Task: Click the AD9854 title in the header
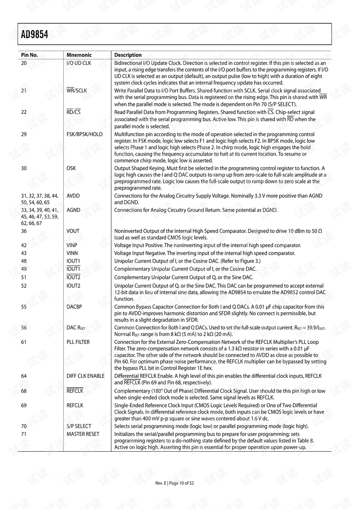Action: pos(34,35)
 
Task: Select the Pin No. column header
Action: pos(29,55)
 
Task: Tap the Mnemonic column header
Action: pos(79,55)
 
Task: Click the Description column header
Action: pos(128,55)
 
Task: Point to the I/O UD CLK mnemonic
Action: pos(79,63)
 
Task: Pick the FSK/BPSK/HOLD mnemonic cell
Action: pos(84,134)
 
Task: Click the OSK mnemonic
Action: pos(71,168)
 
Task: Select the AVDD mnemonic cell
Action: pos(73,196)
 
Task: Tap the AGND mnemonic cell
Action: pos(73,210)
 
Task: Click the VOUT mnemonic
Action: pos(73,231)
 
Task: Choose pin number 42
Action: pos(24,245)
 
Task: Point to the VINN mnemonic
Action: pos(72,253)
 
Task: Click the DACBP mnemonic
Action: pos(74,307)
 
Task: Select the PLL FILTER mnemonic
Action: pos(78,342)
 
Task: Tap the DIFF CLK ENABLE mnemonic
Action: pos(85,376)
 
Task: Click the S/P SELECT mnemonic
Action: pos(79,426)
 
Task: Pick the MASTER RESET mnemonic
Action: pos(83,434)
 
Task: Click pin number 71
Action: pos(24,434)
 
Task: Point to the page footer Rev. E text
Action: pos(160,483)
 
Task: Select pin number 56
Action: pos(24,328)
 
